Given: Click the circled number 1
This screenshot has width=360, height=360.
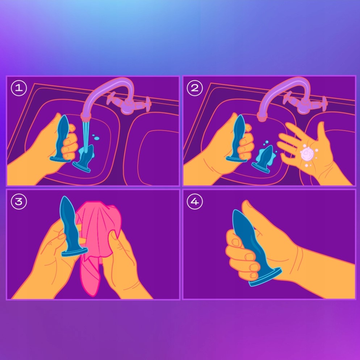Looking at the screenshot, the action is pyautogui.click(x=19, y=88).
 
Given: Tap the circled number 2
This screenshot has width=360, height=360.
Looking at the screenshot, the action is pyautogui.click(x=195, y=88).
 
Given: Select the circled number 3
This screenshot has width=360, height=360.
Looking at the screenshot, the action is pyautogui.click(x=19, y=202).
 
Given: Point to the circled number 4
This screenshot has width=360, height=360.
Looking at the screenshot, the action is pyautogui.click(x=195, y=202).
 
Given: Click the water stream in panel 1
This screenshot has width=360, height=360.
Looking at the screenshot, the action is pyautogui.click(x=85, y=137).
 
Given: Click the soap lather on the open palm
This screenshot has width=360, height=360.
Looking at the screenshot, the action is pyautogui.click(x=307, y=154).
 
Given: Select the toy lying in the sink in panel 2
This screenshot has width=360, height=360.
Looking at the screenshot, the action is pyautogui.click(x=263, y=159).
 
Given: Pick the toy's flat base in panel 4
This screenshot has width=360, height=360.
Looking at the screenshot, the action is pyautogui.click(x=265, y=277).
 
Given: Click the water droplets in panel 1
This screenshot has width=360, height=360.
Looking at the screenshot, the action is pyautogui.click(x=96, y=137).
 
